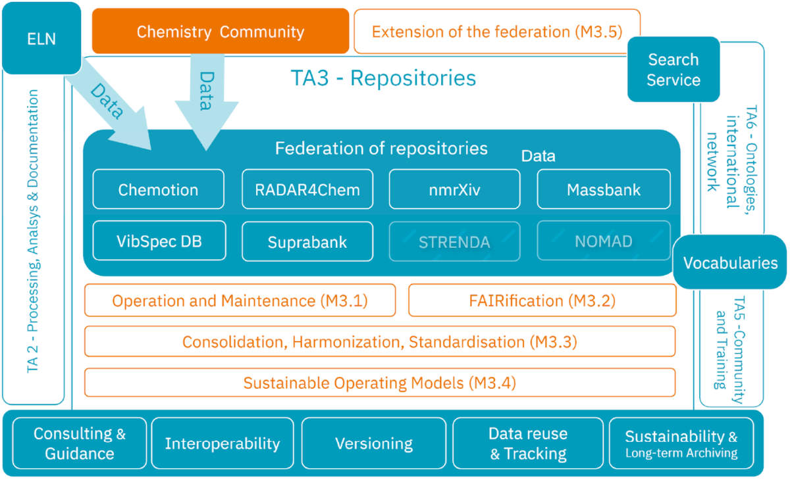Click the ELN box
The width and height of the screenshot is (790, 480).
coord(41,37)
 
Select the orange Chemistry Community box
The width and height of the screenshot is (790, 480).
coord(220,31)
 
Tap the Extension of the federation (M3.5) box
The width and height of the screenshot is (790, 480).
coord(497,31)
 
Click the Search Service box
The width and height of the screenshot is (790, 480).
coord(673,70)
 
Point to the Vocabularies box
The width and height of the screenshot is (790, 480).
coord(730,263)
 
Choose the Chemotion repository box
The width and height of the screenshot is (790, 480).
coord(158,190)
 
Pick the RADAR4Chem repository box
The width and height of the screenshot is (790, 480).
coord(307,190)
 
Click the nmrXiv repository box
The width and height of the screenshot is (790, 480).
coord(454,190)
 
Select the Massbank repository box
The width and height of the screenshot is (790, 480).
coord(604,190)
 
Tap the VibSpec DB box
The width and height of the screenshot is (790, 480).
coord(159,241)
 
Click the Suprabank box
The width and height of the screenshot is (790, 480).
coord(307,241)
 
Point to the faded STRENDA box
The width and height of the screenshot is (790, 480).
coord(454,241)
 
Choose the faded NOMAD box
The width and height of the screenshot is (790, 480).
coord(604,241)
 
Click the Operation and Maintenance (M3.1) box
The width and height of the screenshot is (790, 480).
coord(240,300)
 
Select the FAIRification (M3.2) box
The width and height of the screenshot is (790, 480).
coord(542,300)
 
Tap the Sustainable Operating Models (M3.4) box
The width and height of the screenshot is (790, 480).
coord(380,383)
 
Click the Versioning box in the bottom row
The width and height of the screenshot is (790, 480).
coord(374,444)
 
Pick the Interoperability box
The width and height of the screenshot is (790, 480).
coord(223,444)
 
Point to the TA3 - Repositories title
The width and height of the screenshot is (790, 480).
coord(383,78)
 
